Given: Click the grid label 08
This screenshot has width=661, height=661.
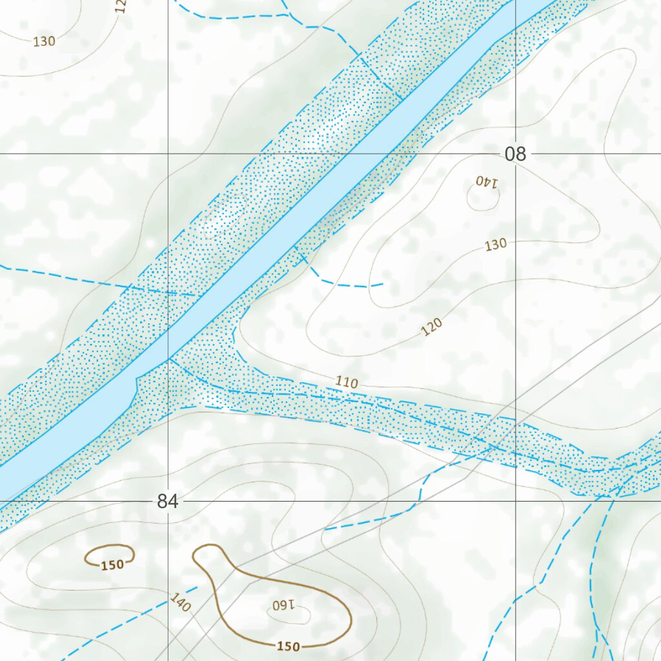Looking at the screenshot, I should coord(516,154).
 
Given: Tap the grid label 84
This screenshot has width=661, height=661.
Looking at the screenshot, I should coord(167,502).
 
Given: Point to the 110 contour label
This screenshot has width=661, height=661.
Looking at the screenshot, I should coord(347,382).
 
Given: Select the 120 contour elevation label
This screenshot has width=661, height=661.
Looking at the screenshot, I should coord(432,328).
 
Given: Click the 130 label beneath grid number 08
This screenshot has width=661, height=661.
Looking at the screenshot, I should coord(496,245).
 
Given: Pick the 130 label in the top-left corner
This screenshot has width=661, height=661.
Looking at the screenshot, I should coord(44,41).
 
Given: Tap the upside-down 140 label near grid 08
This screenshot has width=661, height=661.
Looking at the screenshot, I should coord(487,182).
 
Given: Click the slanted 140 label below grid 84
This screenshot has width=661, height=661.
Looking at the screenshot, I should coord(181,602).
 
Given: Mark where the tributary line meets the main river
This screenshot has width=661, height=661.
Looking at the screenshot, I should coord(170,359).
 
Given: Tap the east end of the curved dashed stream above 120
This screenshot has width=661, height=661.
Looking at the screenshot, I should coord(383,283).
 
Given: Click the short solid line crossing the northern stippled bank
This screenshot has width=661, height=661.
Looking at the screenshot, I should coord(381,78).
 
